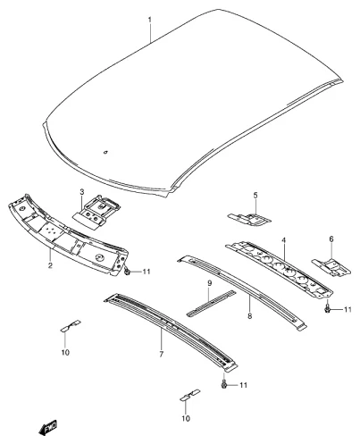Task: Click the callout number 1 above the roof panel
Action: pyautogui.click(x=150, y=21)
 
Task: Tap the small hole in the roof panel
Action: pyautogui.click(x=105, y=153)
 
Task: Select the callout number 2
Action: pyautogui.click(x=49, y=265)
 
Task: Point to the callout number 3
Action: pyautogui.click(x=82, y=192)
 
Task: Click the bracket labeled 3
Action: pyautogui.click(x=96, y=212)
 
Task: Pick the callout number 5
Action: pyautogui.click(x=255, y=196)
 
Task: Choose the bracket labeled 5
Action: pyautogui.click(x=249, y=220)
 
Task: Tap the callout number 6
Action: pyautogui.click(x=331, y=239)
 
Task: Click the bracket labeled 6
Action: pyautogui.click(x=331, y=267)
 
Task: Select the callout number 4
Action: pyautogui.click(x=283, y=239)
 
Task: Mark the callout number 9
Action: pyautogui.click(x=209, y=283)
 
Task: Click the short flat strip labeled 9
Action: pyautogui.click(x=211, y=303)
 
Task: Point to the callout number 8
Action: pyautogui.click(x=249, y=315)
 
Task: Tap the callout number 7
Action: pyautogui.click(x=161, y=355)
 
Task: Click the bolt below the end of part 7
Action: pyautogui.click(x=224, y=383)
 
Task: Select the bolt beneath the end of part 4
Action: pyautogui.click(x=327, y=308)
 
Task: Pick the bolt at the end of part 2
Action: pyautogui.click(x=127, y=271)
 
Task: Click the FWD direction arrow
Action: pyautogui.click(x=47, y=428)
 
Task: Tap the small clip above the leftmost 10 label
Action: pyautogui.click(x=71, y=325)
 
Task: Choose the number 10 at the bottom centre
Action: pyautogui.click(x=186, y=418)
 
